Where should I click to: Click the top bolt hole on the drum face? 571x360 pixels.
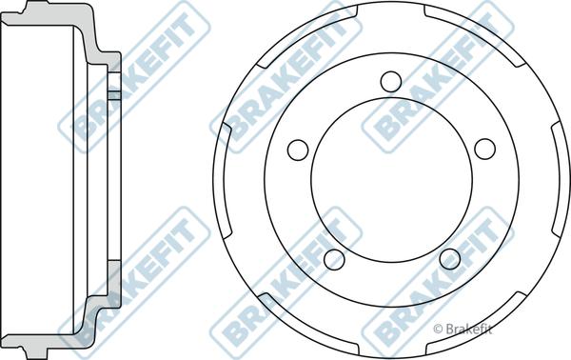tap(390, 83)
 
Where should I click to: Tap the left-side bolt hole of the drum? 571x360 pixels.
tap(298, 150)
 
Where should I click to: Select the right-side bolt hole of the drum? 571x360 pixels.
tap(483, 150)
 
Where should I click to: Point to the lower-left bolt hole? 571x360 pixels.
tap(332, 258)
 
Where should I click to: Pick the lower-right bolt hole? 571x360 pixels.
tap(448, 258)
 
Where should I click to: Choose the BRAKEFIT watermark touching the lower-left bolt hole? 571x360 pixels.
tap(285, 276)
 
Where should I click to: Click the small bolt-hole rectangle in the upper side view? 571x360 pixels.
tap(113, 94)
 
